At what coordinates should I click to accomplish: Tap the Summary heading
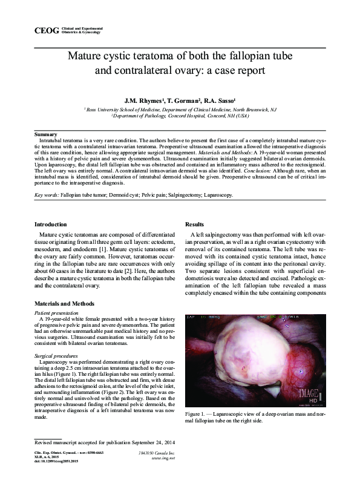(x=46, y=133)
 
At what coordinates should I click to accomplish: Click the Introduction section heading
(x=50, y=225)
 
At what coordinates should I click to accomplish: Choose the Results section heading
(x=195, y=225)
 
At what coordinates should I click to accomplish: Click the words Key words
(x=46, y=195)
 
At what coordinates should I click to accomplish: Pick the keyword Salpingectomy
(x=167, y=195)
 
